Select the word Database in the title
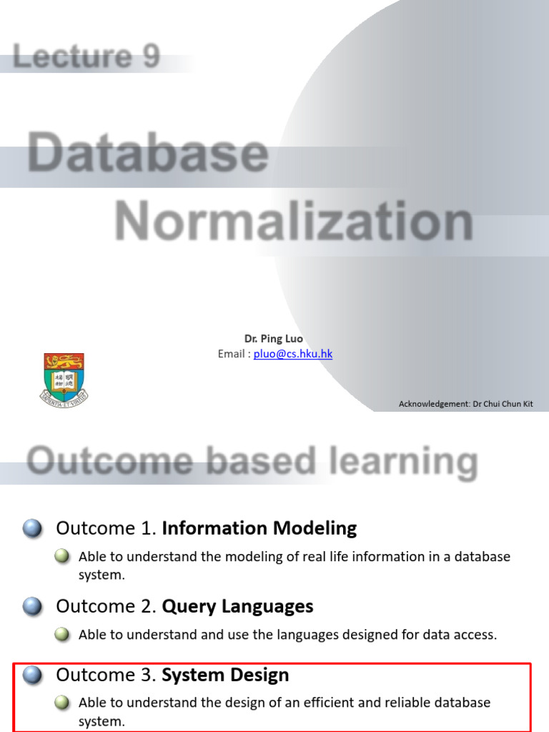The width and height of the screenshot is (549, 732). click(x=149, y=153)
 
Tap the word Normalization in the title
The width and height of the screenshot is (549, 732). click(x=294, y=222)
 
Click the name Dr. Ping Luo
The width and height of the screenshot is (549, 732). click(x=274, y=339)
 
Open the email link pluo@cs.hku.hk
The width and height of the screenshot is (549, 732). click(x=293, y=354)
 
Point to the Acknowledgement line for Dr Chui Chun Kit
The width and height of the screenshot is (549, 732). click(x=465, y=404)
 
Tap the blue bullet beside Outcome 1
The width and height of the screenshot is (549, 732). click(x=32, y=529)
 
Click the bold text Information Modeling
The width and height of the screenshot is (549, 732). click(x=259, y=528)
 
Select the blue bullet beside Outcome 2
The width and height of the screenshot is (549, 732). click(x=32, y=607)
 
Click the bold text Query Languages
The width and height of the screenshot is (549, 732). click(x=237, y=607)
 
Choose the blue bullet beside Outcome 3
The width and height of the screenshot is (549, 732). click(x=32, y=676)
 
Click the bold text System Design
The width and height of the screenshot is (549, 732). click(x=225, y=675)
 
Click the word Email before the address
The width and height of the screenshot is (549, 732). click(x=232, y=354)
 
